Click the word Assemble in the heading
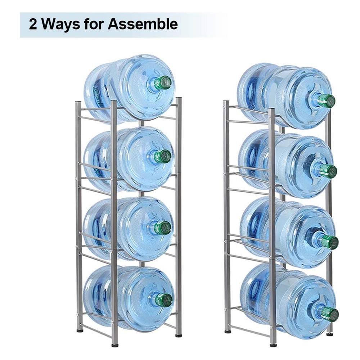143,24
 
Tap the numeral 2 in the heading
33,24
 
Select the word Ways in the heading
60,25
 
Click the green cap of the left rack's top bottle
163,83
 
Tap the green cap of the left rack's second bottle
163,156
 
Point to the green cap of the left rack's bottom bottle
164,300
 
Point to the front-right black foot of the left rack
178,336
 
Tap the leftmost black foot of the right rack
228,332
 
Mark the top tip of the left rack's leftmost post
78,102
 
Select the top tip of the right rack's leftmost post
226,101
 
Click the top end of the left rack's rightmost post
179,98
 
